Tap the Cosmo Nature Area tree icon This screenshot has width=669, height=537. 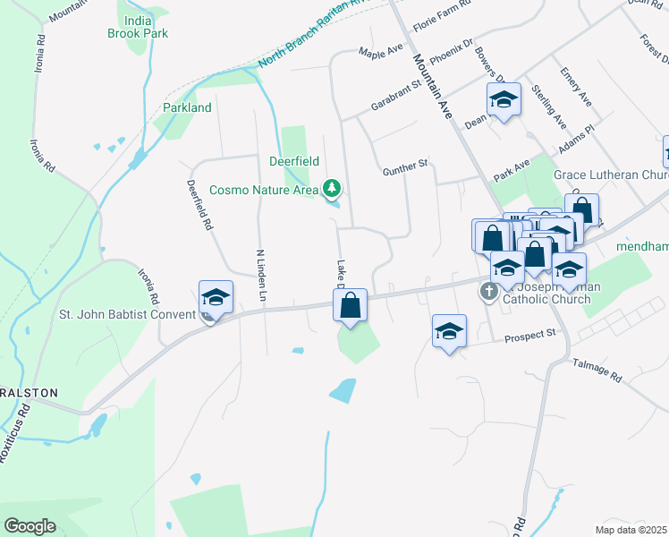(333, 188)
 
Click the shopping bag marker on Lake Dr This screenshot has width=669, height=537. (351, 305)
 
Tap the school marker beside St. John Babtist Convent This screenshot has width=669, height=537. (216, 297)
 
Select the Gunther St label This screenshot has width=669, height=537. (406, 167)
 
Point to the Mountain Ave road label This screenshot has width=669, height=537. (430, 86)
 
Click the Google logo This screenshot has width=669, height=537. (30, 526)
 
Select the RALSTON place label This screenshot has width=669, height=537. (29, 393)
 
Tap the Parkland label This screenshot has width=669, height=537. (187, 107)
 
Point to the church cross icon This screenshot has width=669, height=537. (489, 291)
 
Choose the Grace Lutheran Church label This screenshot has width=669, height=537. (611, 175)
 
